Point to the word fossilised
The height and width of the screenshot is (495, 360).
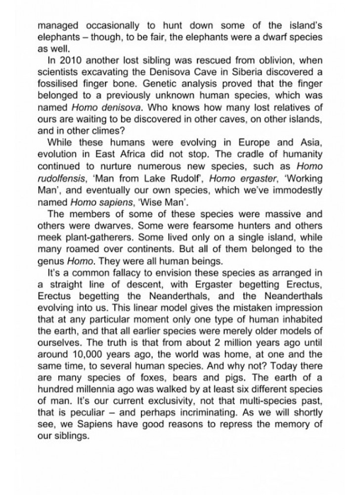click(x=58, y=84)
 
